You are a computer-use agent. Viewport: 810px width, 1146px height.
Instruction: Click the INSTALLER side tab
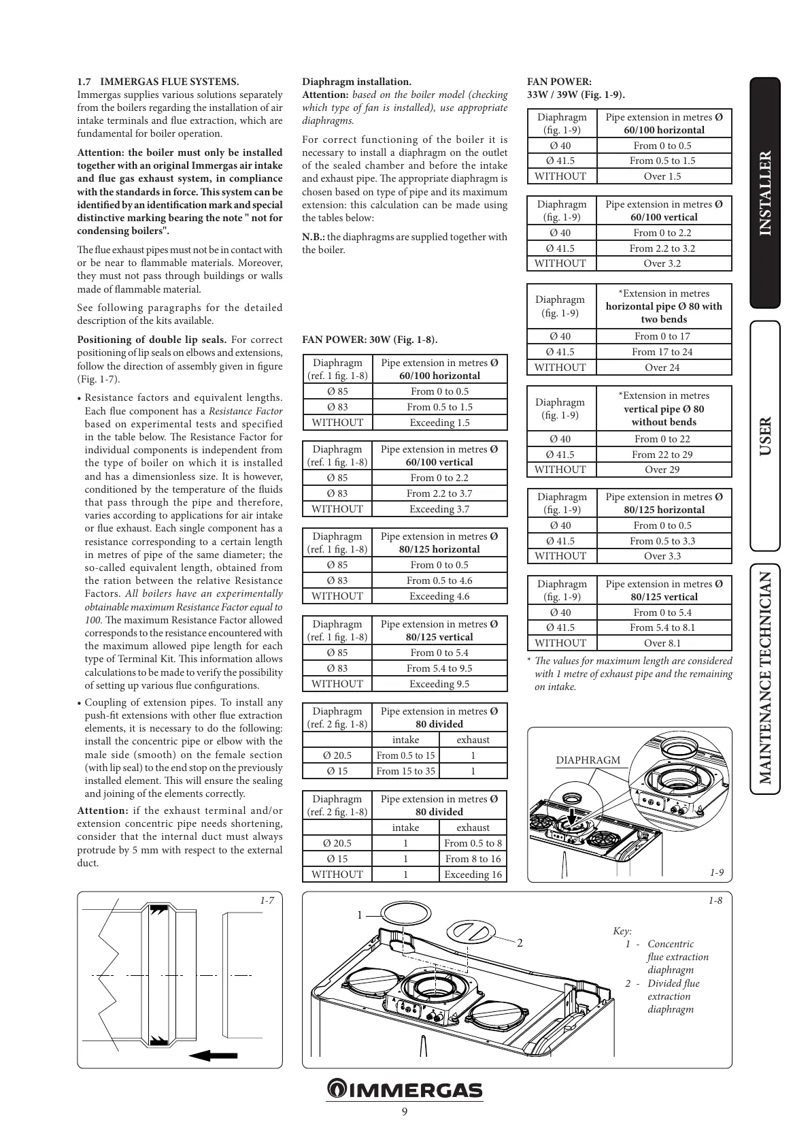(765, 193)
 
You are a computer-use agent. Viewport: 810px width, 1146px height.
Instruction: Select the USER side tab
(765, 436)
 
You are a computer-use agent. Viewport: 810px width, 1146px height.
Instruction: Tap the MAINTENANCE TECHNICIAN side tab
(765, 678)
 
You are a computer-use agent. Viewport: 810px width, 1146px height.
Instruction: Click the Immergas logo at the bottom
(405, 1090)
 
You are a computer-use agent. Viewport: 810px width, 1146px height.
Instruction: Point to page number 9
(405, 1112)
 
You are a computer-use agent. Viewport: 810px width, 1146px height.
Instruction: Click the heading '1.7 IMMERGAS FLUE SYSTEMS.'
(158, 82)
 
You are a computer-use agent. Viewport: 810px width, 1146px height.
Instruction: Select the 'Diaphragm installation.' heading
(356, 82)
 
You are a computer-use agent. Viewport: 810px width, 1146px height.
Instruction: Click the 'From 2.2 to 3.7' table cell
(439, 493)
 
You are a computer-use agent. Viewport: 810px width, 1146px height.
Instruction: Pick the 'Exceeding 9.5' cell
(439, 684)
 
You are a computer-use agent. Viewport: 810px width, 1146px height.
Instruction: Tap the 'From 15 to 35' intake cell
(405, 771)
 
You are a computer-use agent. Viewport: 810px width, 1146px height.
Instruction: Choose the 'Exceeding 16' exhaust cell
(473, 874)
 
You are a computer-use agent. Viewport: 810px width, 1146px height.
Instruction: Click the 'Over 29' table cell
(662, 470)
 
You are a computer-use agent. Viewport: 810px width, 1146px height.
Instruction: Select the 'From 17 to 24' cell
(662, 352)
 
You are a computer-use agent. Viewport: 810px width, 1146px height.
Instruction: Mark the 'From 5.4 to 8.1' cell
(662, 627)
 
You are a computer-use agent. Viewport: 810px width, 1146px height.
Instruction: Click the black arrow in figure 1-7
(214, 1055)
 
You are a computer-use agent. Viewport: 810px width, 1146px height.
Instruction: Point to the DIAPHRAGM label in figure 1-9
(588, 760)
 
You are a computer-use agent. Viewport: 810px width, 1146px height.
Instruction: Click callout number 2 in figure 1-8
(520, 943)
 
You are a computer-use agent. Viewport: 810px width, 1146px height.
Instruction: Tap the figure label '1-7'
(267, 900)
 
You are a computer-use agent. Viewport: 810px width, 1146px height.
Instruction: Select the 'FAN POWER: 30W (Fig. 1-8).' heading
(370, 340)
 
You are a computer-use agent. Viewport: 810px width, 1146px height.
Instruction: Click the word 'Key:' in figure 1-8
(622, 931)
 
